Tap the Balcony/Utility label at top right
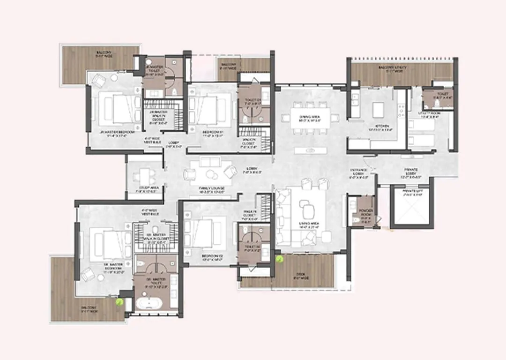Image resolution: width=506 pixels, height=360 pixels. [394, 69]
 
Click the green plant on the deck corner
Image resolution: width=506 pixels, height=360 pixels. [280, 257]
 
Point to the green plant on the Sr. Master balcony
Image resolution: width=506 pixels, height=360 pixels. [120, 302]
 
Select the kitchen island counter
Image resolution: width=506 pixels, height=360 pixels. [379, 110]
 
